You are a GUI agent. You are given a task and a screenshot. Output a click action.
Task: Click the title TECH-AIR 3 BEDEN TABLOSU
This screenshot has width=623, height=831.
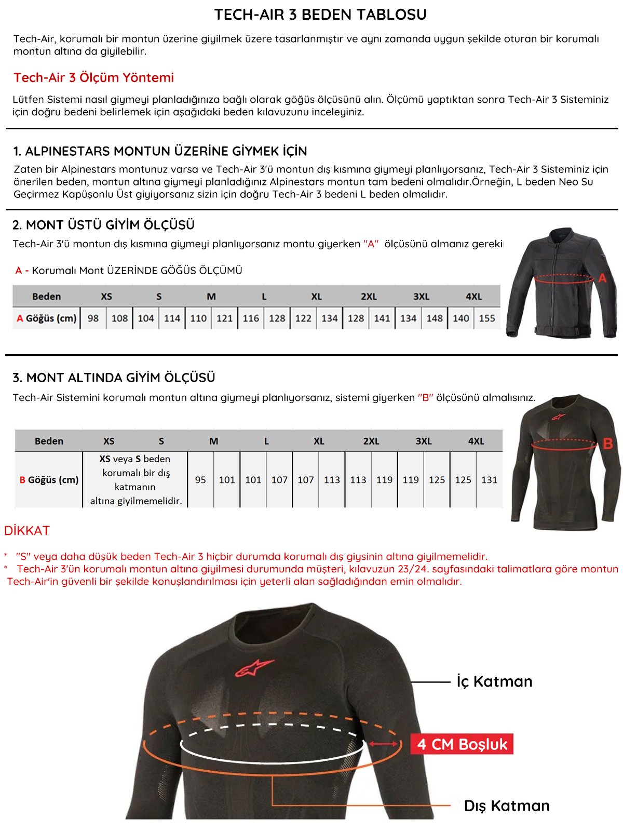pyautogui.click(x=320, y=15)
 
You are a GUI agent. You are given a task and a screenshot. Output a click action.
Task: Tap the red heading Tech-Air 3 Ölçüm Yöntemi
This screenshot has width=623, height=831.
pyautogui.click(x=93, y=77)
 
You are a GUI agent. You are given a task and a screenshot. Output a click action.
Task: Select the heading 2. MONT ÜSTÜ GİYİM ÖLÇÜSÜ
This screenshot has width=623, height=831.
pyautogui.click(x=103, y=225)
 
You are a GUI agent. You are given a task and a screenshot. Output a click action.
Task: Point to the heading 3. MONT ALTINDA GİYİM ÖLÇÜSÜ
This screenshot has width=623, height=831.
pyautogui.click(x=114, y=378)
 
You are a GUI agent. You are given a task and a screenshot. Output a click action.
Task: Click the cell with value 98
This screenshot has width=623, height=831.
pyautogui.click(x=93, y=318)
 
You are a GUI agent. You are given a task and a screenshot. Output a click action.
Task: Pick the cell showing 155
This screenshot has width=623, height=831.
pyautogui.click(x=487, y=318)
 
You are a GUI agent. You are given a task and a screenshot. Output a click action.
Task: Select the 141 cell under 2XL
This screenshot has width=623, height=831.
pyautogui.click(x=382, y=318)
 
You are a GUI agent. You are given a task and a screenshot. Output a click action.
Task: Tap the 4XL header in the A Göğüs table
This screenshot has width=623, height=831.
pyautogui.click(x=473, y=297)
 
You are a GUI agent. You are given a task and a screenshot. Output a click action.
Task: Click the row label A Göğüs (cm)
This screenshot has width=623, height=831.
pyautogui.click(x=47, y=318)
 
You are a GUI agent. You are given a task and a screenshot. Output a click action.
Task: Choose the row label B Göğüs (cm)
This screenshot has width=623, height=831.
pyautogui.click(x=49, y=480)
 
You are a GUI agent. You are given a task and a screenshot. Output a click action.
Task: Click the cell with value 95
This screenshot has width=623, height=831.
pyautogui.click(x=200, y=480)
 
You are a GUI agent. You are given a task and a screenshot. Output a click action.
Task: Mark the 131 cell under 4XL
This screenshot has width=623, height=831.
pyautogui.click(x=489, y=480)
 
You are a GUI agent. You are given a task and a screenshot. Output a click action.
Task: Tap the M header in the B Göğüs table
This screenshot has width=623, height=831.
pyautogui.click(x=213, y=441)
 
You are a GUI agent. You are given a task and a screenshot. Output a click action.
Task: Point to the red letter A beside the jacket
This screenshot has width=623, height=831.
pyautogui.click(x=602, y=278)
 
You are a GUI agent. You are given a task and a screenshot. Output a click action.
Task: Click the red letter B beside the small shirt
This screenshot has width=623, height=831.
pyautogui.click(x=608, y=444)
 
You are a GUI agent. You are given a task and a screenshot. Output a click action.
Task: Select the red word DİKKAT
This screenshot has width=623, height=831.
pyautogui.click(x=27, y=530)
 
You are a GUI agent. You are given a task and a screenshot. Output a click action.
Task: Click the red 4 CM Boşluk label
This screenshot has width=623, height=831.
pyautogui.click(x=462, y=744)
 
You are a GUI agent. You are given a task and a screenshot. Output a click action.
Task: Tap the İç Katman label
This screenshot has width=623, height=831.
pyautogui.click(x=494, y=681)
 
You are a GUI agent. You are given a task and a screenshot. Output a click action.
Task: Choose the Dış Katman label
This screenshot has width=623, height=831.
pyautogui.click(x=506, y=806)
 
